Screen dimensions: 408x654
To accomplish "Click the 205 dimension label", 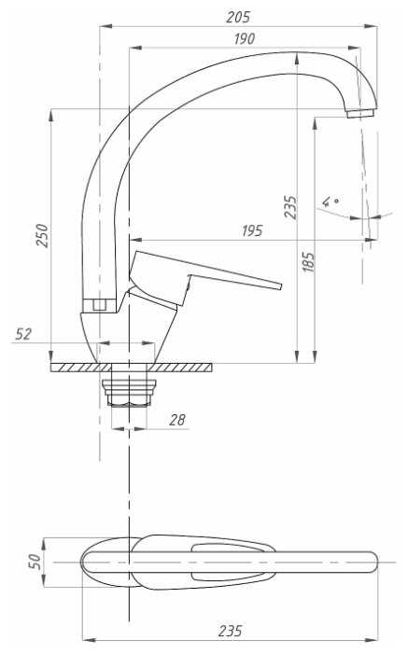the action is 238,17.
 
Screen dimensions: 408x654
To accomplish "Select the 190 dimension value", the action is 245,39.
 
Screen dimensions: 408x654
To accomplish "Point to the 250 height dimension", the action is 43,235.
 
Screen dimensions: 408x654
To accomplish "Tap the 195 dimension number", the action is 252,230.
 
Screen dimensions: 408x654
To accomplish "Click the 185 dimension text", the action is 309,262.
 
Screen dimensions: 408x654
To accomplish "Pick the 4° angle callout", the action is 330,202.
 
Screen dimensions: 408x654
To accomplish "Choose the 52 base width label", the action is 23,334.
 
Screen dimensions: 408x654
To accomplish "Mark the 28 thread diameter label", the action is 177,420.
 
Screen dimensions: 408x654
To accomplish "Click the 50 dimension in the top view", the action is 35,562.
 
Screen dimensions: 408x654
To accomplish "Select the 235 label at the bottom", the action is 230,631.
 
